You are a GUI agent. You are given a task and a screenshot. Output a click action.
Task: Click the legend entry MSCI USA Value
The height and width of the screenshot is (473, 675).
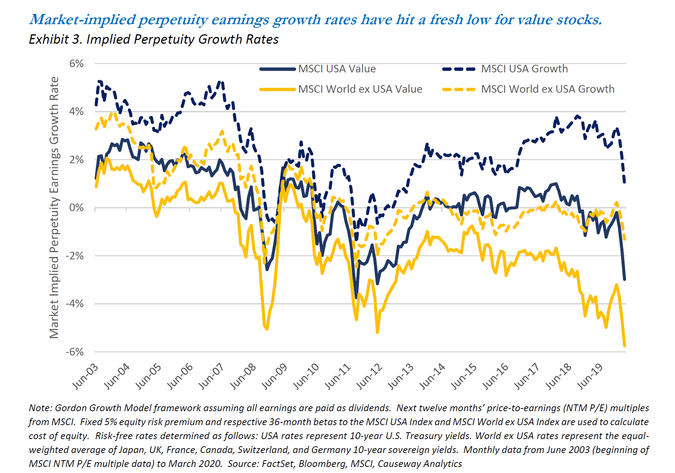point(337,69)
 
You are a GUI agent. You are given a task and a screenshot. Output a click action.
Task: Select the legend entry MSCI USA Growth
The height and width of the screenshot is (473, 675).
point(524,69)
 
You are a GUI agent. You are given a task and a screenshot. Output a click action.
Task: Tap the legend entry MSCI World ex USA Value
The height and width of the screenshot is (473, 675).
point(360,89)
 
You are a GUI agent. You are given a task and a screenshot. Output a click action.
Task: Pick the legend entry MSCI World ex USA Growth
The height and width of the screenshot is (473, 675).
point(547,89)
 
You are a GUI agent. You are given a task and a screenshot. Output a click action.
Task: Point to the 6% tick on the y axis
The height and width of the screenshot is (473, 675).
point(76,64)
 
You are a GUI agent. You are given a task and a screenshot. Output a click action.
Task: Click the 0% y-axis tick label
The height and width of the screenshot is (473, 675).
point(76,208)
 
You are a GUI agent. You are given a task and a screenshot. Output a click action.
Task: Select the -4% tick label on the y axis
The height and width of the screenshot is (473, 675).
point(75,304)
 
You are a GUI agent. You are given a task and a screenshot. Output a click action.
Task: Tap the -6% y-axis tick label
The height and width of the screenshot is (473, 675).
point(75,352)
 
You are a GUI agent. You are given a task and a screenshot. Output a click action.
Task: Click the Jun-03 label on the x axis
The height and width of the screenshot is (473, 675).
point(86,377)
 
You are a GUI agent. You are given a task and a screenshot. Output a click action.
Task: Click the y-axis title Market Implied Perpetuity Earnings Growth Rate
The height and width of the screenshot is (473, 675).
point(55,207)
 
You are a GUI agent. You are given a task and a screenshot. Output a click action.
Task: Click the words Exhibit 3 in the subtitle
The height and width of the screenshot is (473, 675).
point(55,40)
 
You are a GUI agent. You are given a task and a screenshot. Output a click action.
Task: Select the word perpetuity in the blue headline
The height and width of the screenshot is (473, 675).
point(173,20)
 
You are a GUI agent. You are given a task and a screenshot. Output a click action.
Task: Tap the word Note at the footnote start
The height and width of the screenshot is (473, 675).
point(40,408)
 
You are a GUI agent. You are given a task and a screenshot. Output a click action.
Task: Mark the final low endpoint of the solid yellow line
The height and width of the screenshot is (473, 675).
point(625,345)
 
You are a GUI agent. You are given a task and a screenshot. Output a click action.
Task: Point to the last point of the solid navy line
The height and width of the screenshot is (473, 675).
point(625,279)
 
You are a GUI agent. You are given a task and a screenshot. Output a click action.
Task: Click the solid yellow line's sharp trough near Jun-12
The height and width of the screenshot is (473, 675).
point(377,332)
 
